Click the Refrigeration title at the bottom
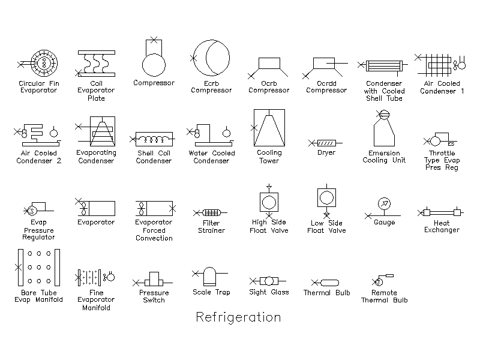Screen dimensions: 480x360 pos(238,317)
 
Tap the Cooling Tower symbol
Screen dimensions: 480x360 pos(268,128)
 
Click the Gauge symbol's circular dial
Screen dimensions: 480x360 pos(384,203)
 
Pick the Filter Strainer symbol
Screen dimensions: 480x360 pos(211,212)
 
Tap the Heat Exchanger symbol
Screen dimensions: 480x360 pos(440,212)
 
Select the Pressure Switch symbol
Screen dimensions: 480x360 pos(153,280)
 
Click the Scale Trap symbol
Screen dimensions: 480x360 pos(209,276)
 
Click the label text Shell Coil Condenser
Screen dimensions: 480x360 pos(154,157)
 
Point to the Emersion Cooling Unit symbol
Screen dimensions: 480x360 pos(384,128)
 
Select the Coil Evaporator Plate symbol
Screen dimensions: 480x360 pos(95,64)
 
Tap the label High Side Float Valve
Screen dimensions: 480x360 pos(269,226)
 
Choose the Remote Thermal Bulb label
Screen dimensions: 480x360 pos(384,296)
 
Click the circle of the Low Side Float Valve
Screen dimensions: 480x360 pos(326,197)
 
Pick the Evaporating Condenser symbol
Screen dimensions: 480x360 pos(96,131)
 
